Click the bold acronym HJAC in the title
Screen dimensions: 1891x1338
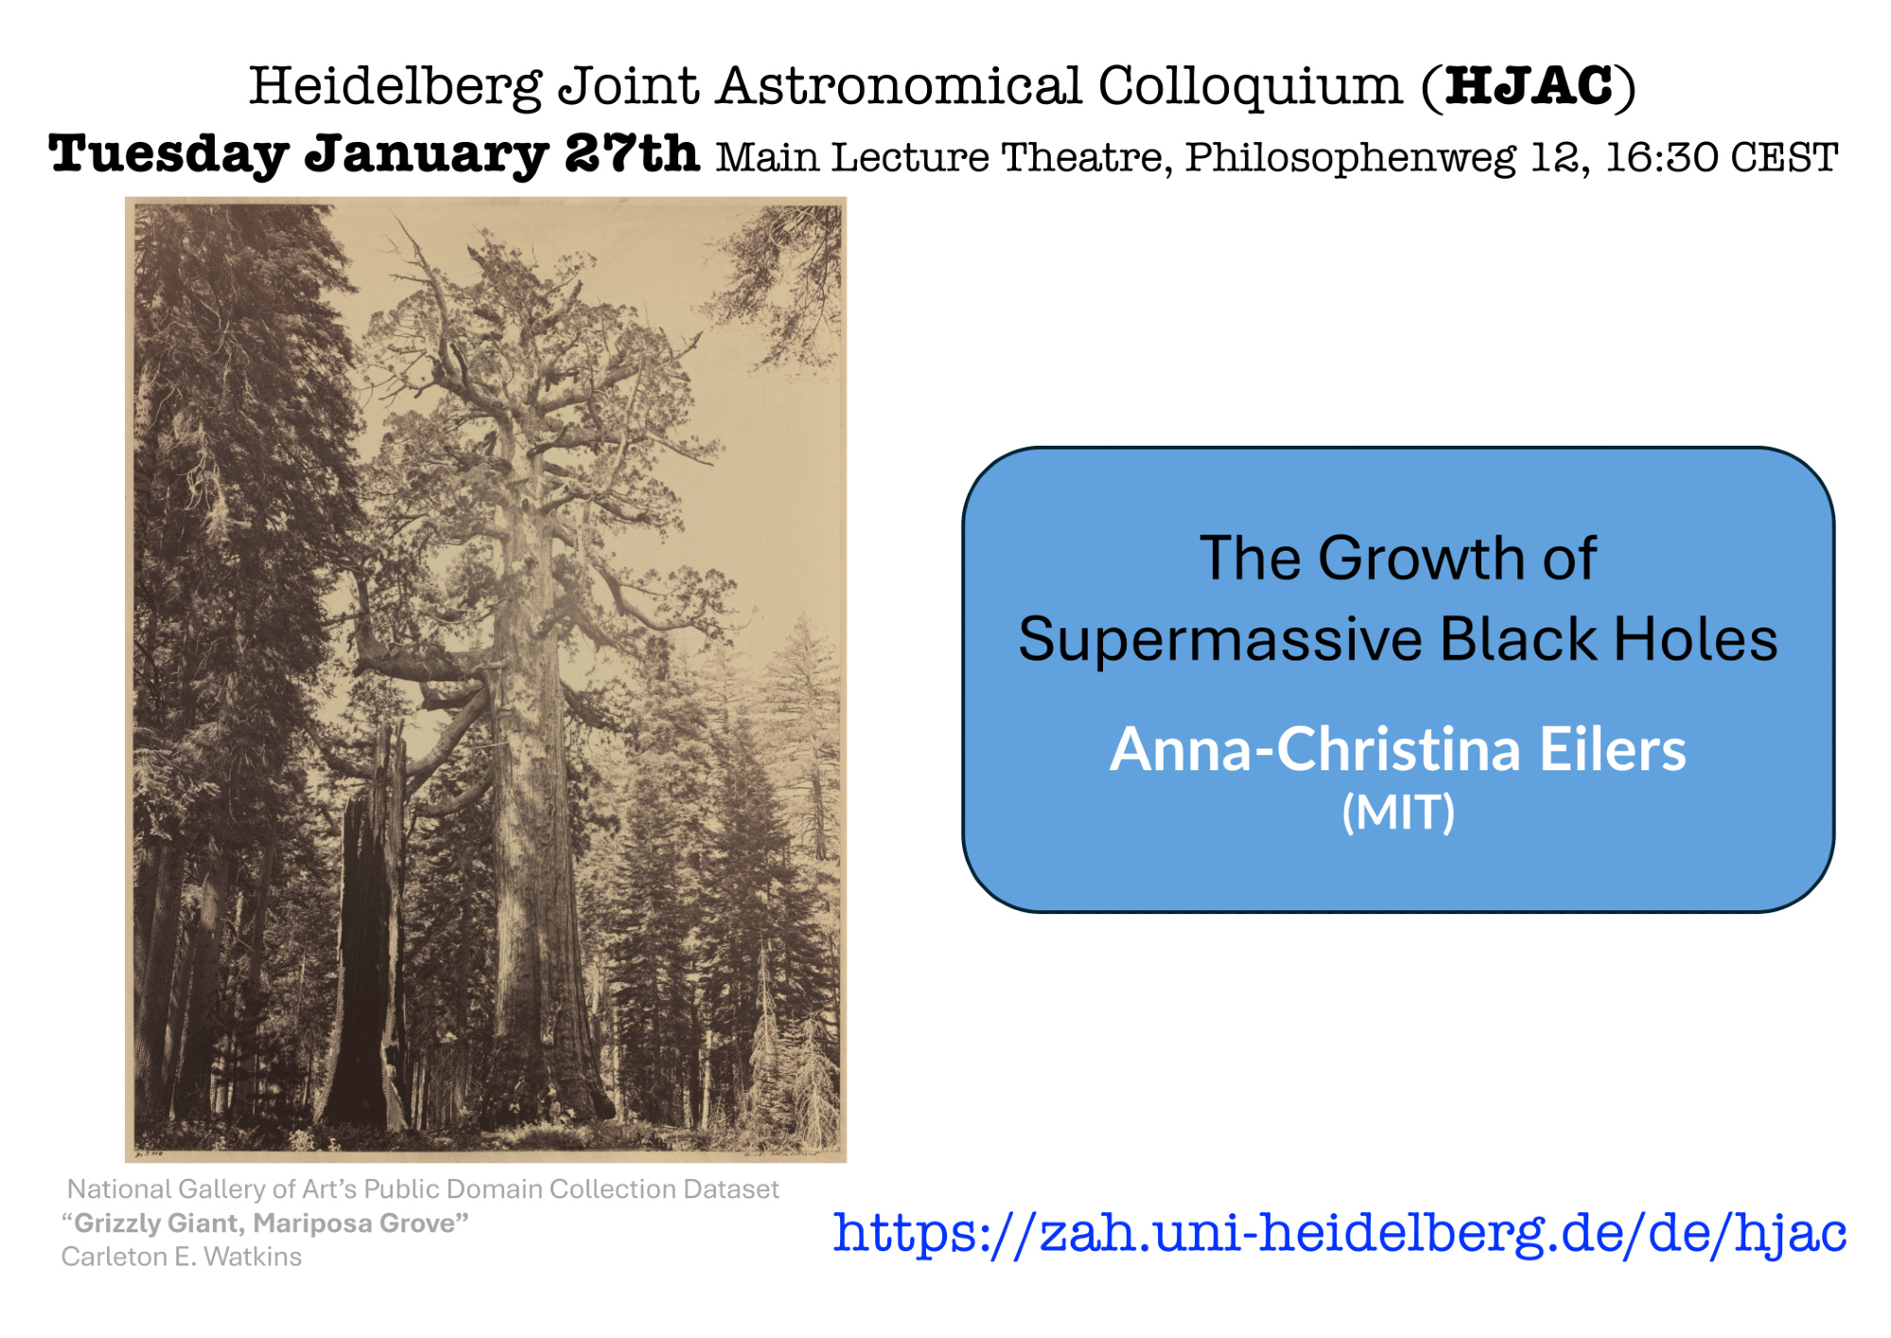click(x=1529, y=86)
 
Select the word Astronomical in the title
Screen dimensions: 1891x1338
click(x=899, y=86)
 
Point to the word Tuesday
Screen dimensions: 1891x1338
click(x=168, y=155)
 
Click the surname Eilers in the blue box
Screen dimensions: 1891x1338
click(x=1612, y=749)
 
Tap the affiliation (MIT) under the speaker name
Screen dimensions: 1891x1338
click(x=1398, y=812)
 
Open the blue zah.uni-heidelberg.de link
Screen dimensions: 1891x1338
click(x=1339, y=1232)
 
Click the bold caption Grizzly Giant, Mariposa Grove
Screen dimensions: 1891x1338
click(x=265, y=1224)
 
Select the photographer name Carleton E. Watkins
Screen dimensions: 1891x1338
click(x=182, y=1257)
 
